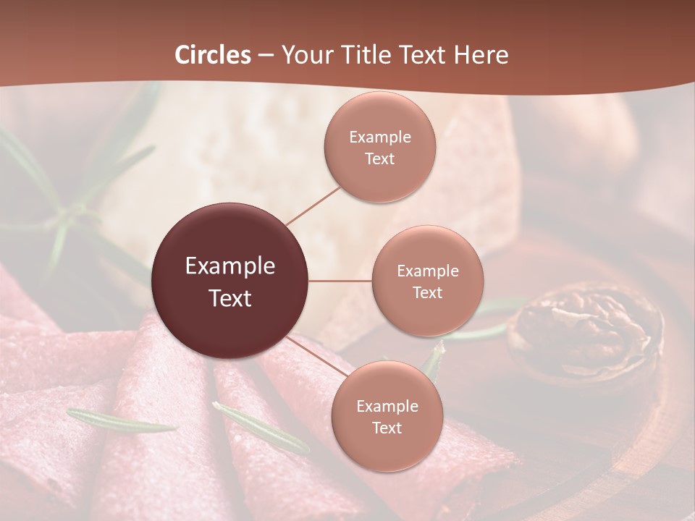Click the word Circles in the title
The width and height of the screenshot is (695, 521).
coord(213,55)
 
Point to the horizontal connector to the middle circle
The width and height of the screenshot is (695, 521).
coord(340,281)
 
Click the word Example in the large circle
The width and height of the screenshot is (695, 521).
coord(230,266)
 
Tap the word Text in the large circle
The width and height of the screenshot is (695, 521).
coord(230,298)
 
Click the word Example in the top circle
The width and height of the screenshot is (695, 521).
coord(380,137)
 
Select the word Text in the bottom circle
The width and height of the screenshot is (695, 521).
coord(387,428)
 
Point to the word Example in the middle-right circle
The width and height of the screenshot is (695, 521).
coord(428,271)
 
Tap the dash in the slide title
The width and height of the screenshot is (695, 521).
coord(265,55)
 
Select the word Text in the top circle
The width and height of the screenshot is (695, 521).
coord(380,159)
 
